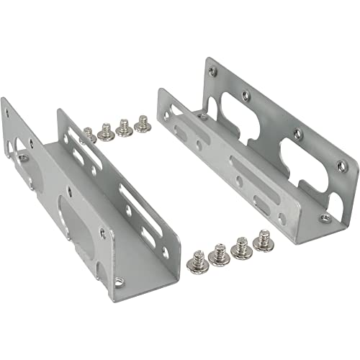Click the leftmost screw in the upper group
coord(89,134)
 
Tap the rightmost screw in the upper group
coord(143,123)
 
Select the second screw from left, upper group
coord(106,132)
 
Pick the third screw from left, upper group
coord(125,127)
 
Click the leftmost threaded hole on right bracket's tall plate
coord(212,71)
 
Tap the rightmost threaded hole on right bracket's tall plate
coord(342,166)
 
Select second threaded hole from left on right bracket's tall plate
coord(248,94)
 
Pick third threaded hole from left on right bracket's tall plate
coord(296,133)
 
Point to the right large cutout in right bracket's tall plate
coord(301,161)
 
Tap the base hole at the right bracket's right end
coord(325,218)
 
